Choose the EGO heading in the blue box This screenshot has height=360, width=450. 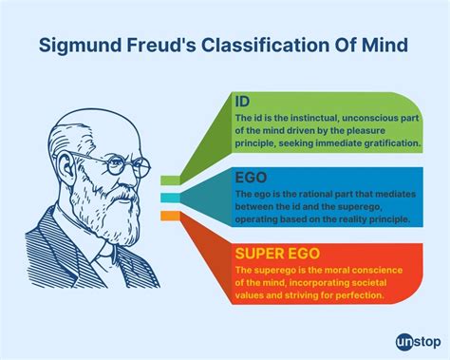point(251,178)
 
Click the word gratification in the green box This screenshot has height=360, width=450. point(384,142)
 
